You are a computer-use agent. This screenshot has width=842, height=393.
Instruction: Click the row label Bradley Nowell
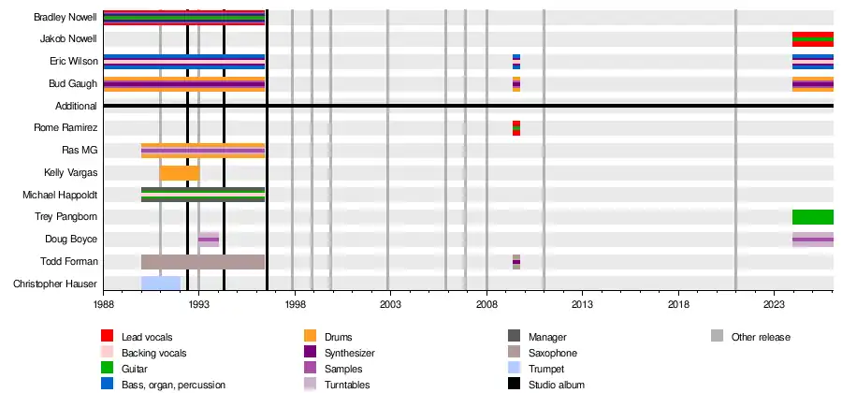pos(65,18)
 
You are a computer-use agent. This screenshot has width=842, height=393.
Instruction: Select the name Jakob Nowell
pos(68,39)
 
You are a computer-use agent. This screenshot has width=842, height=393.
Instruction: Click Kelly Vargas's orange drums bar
pos(180,173)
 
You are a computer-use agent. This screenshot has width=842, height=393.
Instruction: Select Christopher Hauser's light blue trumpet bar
pos(160,283)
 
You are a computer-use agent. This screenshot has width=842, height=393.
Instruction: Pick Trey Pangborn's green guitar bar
pos(812,217)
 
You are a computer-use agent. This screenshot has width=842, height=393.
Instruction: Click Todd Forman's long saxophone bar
pos(202,261)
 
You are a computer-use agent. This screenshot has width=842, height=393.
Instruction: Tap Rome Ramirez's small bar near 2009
pos(516,128)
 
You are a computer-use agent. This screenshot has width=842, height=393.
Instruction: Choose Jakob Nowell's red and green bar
pos(812,39)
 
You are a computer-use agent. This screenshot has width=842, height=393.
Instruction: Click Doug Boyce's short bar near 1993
pos(209,240)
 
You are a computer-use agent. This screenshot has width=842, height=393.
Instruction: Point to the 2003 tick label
pos(390,305)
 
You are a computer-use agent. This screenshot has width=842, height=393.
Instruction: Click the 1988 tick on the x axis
pos(103,305)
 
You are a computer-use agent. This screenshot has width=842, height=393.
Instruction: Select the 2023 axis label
pos(774,305)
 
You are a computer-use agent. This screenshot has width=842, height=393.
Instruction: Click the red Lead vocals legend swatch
pos(108,336)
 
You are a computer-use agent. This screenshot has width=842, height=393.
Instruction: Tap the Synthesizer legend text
pos(348,353)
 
